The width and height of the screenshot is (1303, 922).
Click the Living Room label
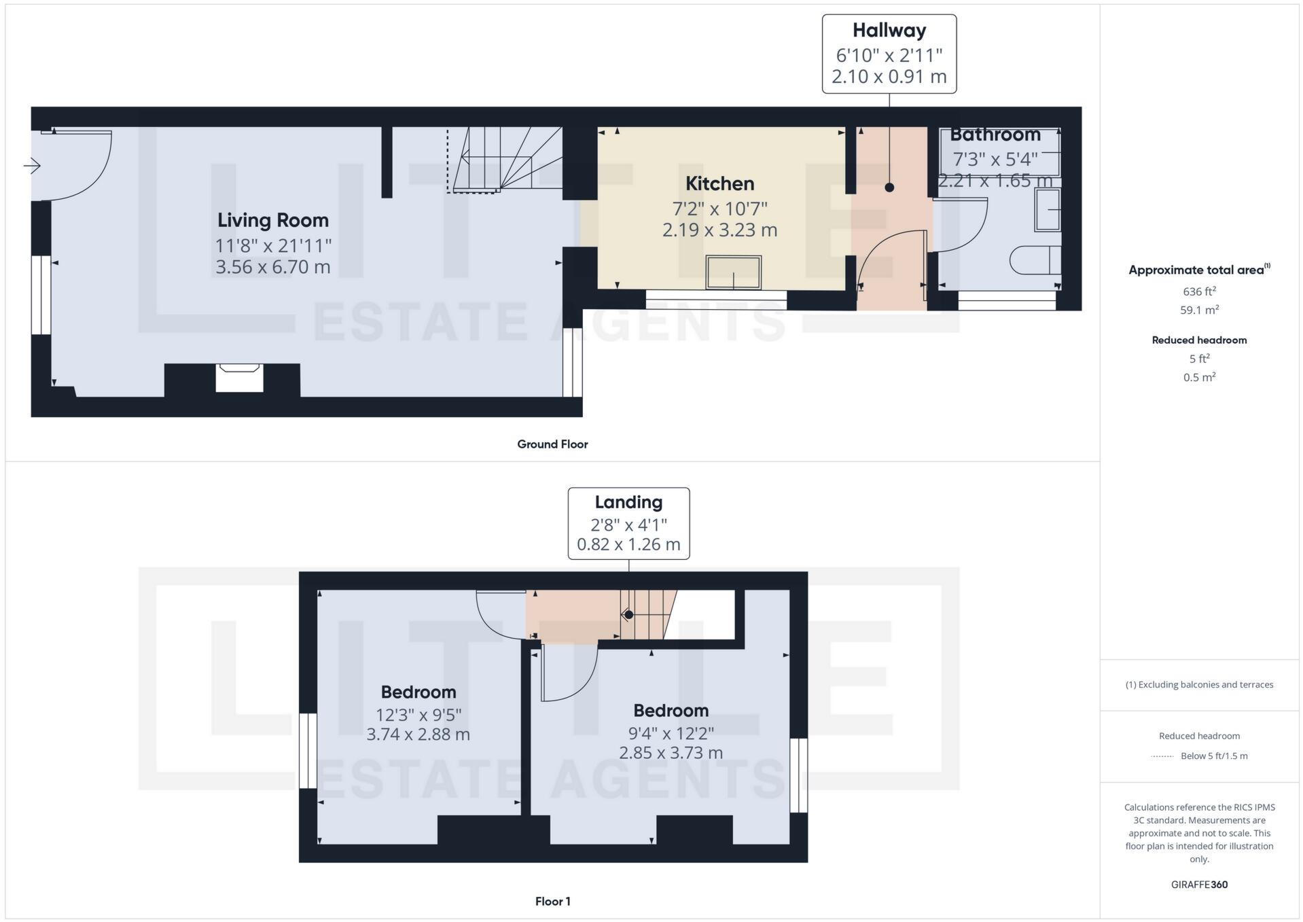pyautogui.click(x=272, y=220)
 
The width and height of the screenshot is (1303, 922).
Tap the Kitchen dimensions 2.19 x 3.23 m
pyautogui.click(x=719, y=230)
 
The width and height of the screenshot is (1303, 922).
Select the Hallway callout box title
pyautogui.click(x=889, y=31)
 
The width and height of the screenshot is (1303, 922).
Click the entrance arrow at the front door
pyautogui.click(x=32, y=165)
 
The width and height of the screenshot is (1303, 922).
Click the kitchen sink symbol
pyautogui.click(x=733, y=272)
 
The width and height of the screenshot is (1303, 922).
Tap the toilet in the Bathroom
pyautogui.click(x=1035, y=260)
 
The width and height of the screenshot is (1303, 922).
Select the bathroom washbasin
pyautogui.click(x=1048, y=210)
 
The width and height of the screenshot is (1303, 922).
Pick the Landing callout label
pyautogui.click(x=628, y=502)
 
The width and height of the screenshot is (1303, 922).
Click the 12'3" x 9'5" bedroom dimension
pyautogui.click(x=418, y=715)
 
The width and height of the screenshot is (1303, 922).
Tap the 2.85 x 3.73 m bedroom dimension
pyautogui.click(x=671, y=753)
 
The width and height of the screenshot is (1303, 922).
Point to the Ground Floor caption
pyautogui.click(x=552, y=444)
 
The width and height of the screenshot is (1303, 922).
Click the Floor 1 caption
pyautogui.click(x=552, y=902)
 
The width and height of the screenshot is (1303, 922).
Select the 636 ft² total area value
pyautogui.click(x=1199, y=291)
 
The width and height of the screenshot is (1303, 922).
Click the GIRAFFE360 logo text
pyautogui.click(x=1199, y=885)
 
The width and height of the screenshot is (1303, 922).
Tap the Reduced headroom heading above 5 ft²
pyautogui.click(x=1199, y=340)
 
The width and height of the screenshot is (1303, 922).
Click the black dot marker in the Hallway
pyautogui.click(x=889, y=188)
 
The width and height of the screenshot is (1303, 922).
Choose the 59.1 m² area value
pyautogui.click(x=1199, y=310)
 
